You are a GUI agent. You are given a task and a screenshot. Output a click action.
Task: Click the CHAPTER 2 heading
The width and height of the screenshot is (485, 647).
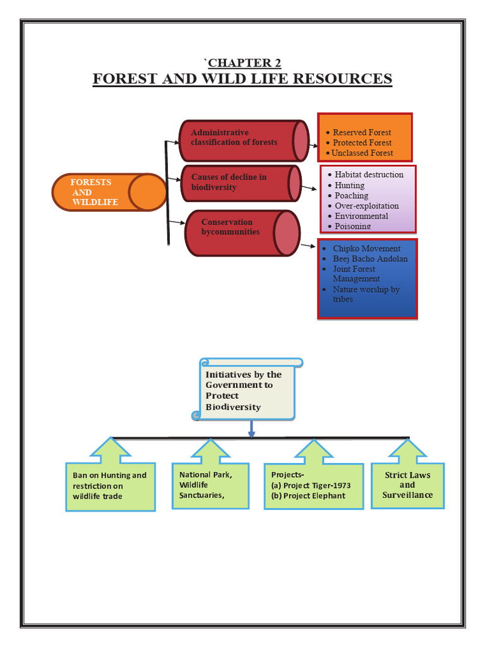(x=244, y=63)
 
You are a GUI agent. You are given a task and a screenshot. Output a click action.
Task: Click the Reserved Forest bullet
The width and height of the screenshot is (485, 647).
(x=361, y=133)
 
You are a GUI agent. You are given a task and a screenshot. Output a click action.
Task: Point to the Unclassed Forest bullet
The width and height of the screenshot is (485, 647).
(x=362, y=153)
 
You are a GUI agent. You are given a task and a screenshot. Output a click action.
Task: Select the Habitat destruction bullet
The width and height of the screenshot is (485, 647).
(x=368, y=174)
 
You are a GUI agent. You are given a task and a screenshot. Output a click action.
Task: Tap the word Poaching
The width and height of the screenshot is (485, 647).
(x=351, y=196)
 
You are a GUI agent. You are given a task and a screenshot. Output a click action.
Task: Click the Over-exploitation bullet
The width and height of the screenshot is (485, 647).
(x=366, y=206)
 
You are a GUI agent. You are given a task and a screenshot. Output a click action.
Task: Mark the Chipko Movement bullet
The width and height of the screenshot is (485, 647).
(x=366, y=249)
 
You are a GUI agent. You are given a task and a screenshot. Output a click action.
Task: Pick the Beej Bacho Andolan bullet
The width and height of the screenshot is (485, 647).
(x=369, y=259)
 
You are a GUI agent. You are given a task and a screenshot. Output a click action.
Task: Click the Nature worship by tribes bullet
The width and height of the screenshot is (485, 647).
(x=366, y=294)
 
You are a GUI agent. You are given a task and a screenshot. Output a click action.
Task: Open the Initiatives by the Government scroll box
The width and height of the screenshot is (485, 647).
(x=248, y=390)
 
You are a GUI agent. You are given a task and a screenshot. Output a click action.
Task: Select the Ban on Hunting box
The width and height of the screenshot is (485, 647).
(x=110, y=486)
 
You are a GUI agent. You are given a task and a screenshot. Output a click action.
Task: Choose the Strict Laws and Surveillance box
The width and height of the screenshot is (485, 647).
(x=407, y=485)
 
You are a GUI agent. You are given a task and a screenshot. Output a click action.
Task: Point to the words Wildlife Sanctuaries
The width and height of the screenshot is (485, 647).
(x=201, y=490)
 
